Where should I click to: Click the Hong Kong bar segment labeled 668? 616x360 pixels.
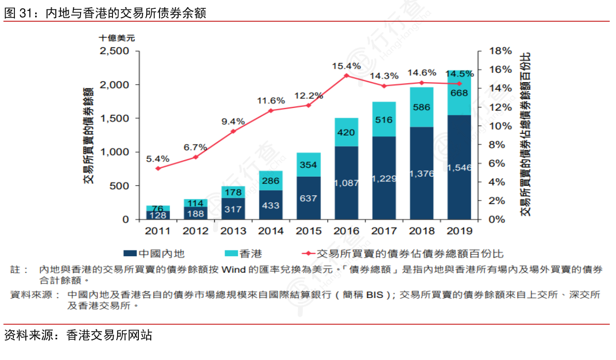coord(459,93)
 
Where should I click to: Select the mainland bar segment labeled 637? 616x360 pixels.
coord(308,198)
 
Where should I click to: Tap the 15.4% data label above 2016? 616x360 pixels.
coord(346,66)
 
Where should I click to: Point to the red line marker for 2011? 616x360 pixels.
coord(157,168)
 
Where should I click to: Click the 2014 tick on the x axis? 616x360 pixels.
coord(271,231)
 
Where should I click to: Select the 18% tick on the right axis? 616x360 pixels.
coord(500,51)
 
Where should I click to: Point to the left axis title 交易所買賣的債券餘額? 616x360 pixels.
coord(88,136)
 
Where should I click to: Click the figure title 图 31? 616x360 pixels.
coord(19,14)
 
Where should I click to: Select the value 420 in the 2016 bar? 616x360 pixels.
coord(346,132)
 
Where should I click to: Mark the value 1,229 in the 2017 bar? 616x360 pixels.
coord(384,178)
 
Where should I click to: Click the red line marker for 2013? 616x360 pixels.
coord(233,131)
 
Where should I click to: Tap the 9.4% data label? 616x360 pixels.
coord(233,121)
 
